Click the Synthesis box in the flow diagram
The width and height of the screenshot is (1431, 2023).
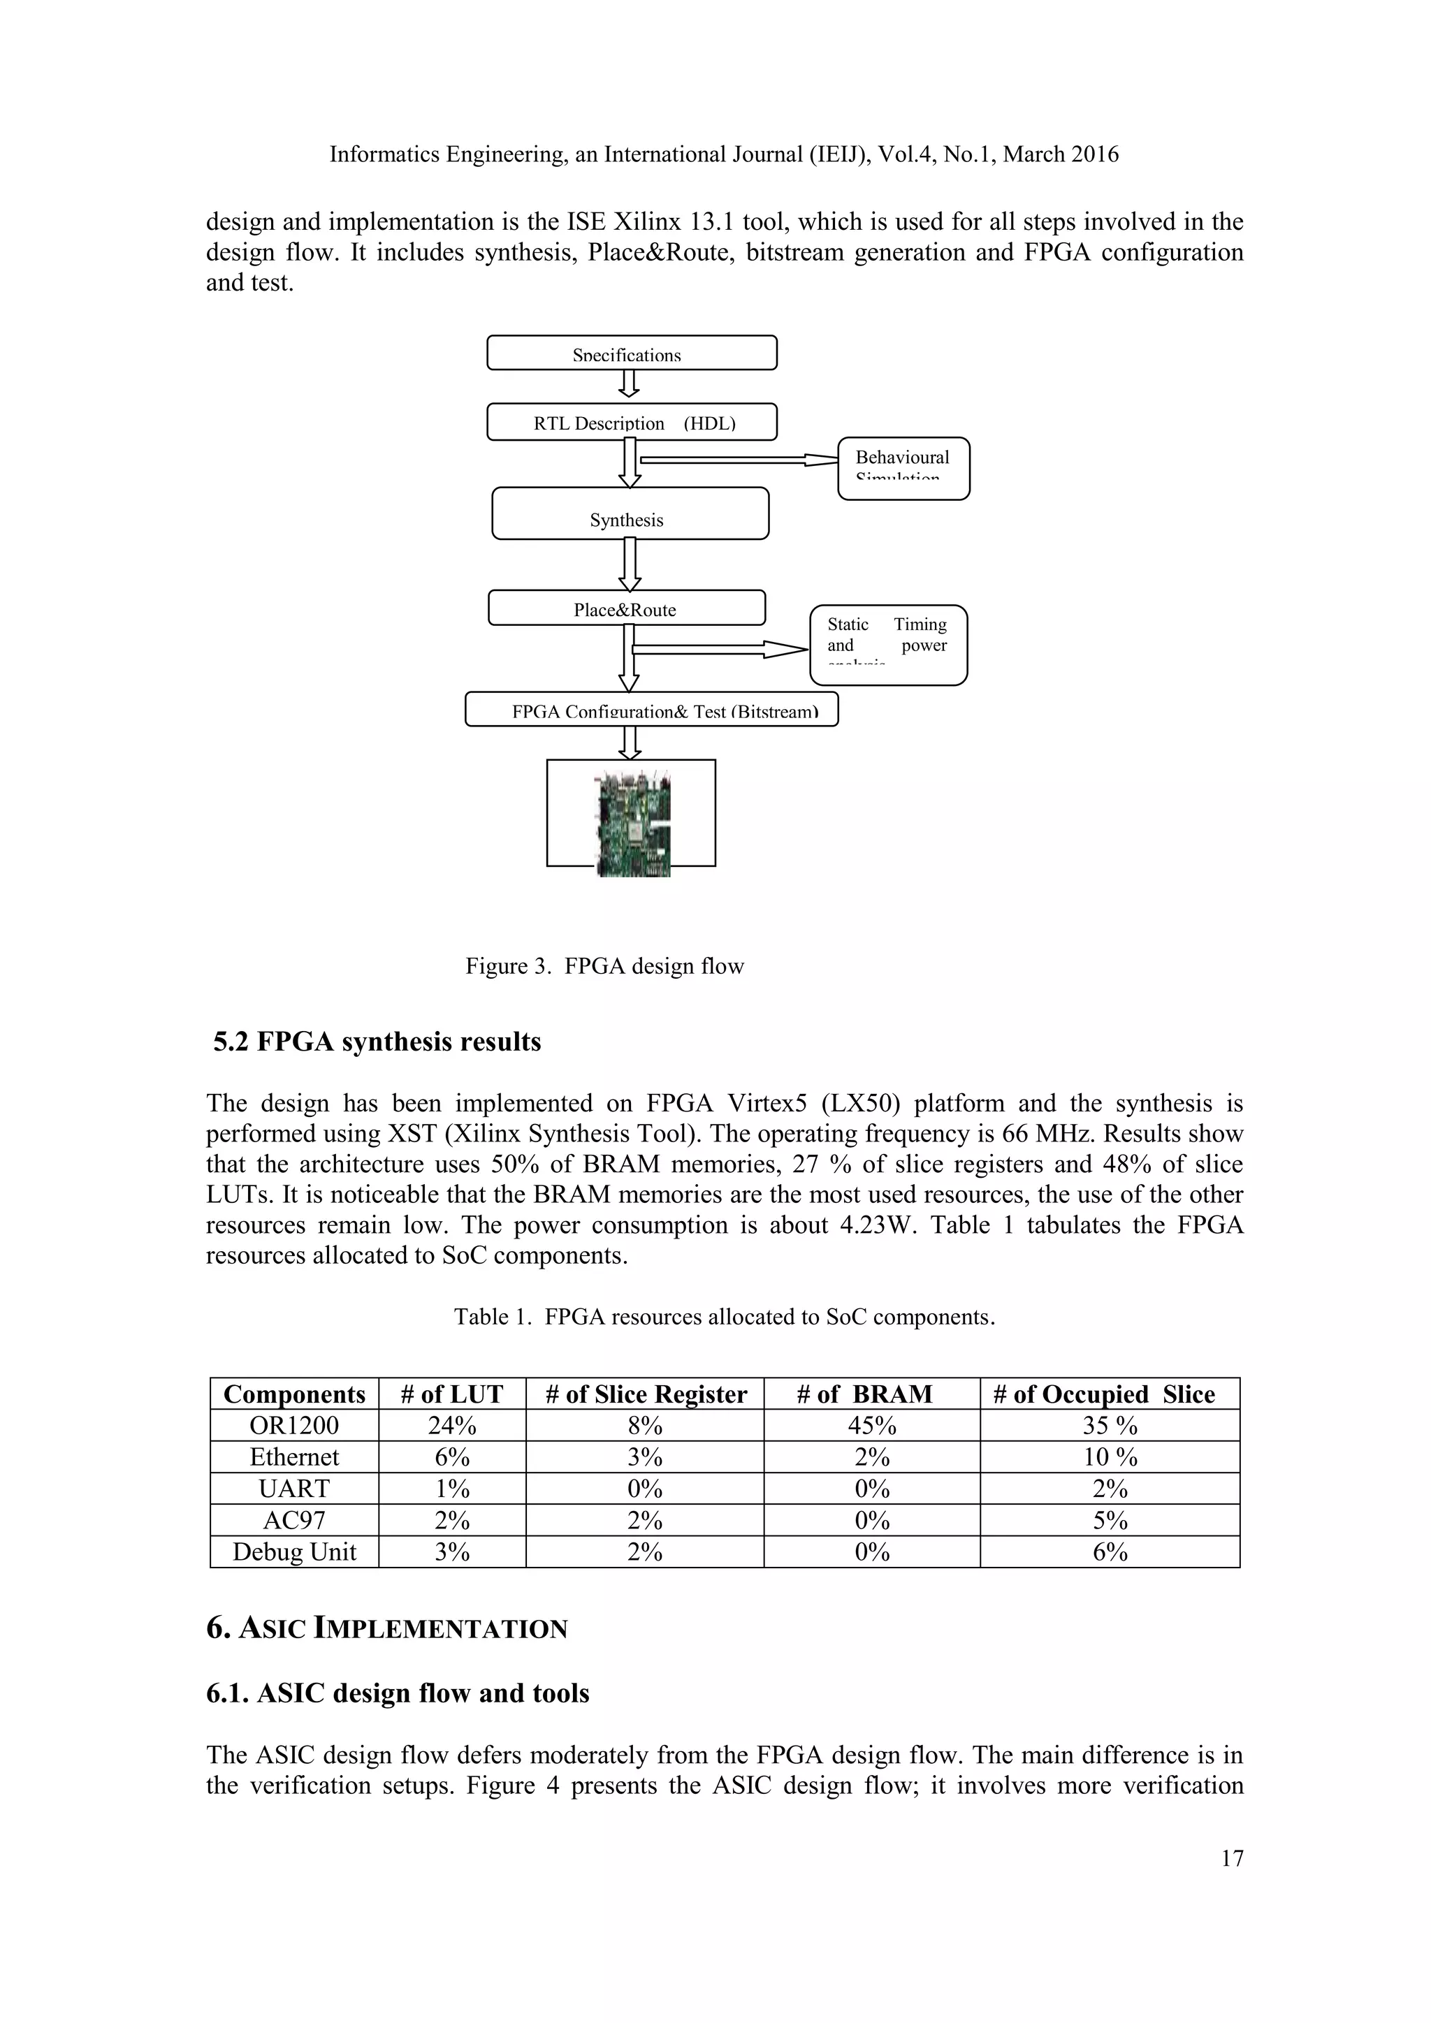tap(630, 513)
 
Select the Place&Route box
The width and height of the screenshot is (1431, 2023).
tap(627, 608)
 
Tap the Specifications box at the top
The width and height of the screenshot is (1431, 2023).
tap(632, 353)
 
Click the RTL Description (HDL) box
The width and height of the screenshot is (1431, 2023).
tap(632, 422)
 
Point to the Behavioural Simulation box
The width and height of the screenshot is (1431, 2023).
tap(903, 468)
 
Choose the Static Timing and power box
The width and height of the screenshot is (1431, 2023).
tap(888, 645)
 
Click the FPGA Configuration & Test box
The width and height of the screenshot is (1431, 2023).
tap(651, 709)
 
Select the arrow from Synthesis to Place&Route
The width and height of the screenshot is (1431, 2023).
tap(629, 564)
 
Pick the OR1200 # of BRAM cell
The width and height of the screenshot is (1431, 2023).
tap(871, 1426)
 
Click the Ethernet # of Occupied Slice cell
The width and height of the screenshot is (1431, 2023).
tap(1110, 1457)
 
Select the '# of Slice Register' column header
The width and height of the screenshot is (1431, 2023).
tap(645, 1394)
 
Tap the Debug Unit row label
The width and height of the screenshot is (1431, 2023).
tap(294, 1551)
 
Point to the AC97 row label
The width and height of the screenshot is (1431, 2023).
tap(294, 1520)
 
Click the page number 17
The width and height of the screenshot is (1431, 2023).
tap(1232, 1858)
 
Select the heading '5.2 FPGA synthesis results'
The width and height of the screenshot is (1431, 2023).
tap(377, 1042)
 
